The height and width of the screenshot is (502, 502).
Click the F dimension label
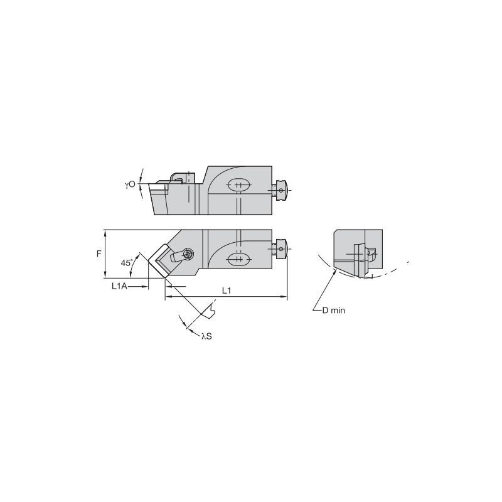point(99,254)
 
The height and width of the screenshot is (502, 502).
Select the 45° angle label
point(127,263)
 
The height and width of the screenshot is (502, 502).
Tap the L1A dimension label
point(119,286)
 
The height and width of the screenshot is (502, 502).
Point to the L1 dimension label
point(227,291)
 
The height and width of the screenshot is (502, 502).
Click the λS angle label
point(206,336)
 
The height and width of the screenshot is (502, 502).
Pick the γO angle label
point(130,184)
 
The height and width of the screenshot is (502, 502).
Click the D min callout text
point(334,310)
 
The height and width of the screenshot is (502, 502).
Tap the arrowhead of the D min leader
point(334,272)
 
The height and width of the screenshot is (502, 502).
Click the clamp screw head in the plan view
point(187,254)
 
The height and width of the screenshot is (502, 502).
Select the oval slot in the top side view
point(239,185)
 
